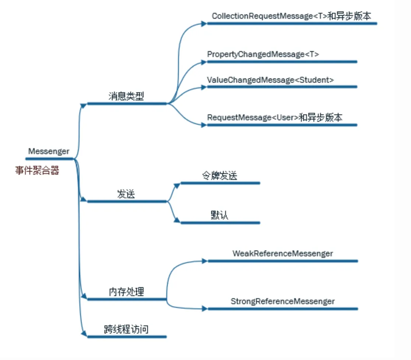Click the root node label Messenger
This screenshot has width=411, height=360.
click(49, 151)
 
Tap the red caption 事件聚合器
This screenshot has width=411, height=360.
click(37, 171)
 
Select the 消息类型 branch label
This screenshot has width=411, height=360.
click(126, 96)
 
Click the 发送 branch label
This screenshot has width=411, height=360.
click(126, 194)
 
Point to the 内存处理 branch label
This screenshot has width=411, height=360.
click(126, 292)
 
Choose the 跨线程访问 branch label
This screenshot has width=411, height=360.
click(126, 329)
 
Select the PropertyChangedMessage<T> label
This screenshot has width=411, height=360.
click(263, 54)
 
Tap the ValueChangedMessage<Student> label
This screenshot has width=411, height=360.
click(270, 79)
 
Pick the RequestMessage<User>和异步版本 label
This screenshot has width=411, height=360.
click(275, 118)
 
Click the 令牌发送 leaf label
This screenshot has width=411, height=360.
click(219, 176)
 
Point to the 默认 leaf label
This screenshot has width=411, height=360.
click(219, 215)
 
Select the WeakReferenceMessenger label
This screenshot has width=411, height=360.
click(283, 254)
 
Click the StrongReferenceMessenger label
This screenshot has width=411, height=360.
click(283, 302)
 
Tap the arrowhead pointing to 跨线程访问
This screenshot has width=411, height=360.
click(84, 334)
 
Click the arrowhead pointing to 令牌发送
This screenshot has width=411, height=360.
click(177, 185)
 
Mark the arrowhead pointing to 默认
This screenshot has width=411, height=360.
click(177, 220)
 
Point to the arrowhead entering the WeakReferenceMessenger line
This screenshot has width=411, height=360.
click(205, 261)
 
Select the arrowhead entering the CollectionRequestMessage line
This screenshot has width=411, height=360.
click(204, 24)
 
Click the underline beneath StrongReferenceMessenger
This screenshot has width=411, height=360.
click(283, 309)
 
